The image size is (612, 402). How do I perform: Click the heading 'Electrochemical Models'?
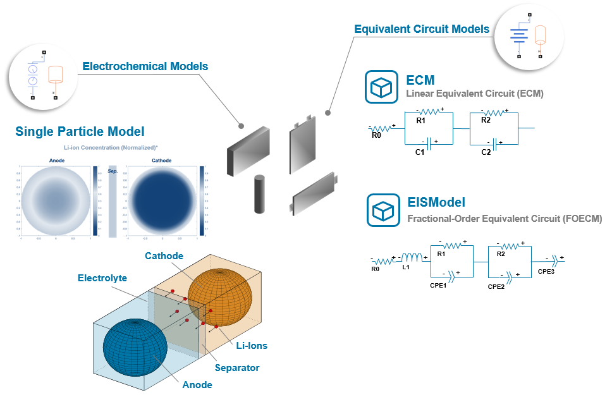[x=145, y=66]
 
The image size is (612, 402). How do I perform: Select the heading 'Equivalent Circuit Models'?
[x=421, y=29]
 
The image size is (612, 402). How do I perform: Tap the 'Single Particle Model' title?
[x=80, y=131]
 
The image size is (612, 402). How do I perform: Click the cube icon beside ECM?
[x=381, y=87]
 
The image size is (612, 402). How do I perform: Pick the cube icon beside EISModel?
[x=383, y=210]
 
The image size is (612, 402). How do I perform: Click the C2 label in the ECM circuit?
[x=486, y=152]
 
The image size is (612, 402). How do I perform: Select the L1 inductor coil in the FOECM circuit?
[x=415, y=257]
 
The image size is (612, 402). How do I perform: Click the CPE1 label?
[x=438, y=285]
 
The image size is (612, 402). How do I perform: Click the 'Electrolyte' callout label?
[x=102, y=278]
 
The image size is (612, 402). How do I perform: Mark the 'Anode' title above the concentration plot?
[x=57, y=161]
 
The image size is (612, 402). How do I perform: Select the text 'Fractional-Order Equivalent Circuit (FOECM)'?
[x=505, y=219]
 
